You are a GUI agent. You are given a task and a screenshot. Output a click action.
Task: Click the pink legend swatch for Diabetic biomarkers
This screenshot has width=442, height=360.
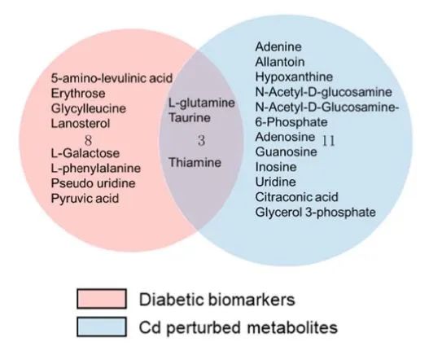tap(102, 298)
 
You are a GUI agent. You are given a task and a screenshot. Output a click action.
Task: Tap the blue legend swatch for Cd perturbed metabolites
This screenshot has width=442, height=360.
tap(102, 327)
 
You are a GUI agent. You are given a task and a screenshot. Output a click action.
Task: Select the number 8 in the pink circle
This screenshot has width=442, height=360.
tap(88, 140)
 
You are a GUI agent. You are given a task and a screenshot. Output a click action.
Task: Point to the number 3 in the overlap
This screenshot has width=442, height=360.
tap(201, 141)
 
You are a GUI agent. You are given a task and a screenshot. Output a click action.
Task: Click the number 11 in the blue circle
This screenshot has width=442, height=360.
tap(328, 141)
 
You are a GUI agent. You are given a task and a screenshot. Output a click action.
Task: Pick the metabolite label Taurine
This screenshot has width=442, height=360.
tap(190, 117)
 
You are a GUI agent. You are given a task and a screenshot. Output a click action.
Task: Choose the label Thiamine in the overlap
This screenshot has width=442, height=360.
tap(195, 163)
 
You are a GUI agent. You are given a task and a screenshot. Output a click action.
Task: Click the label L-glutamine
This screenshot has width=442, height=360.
tap(202, 103)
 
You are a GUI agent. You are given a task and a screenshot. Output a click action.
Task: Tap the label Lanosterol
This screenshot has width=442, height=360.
tap(81, 123)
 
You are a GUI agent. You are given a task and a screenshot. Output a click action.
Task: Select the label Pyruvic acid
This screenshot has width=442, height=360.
tap(85, 199)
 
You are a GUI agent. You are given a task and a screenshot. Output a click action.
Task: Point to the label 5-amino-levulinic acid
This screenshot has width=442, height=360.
tap(112, 78)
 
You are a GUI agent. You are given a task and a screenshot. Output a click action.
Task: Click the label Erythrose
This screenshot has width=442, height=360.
tap(78, 94)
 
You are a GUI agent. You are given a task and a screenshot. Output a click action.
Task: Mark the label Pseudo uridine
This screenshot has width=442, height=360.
tap(93, 183)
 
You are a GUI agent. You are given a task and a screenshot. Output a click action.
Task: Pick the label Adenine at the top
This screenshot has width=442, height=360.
tap(278, 47)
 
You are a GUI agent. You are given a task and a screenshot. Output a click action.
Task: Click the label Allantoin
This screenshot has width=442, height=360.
tap(280, 62)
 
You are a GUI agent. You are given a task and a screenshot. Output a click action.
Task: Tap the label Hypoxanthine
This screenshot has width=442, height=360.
tap(294, 77)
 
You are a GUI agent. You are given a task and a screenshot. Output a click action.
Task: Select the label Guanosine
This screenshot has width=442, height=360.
tap(286, 151)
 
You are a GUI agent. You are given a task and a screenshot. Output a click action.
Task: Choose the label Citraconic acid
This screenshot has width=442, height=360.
tap(296, 197)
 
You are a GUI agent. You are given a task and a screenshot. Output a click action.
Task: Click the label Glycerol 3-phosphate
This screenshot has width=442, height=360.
tap(316, 213)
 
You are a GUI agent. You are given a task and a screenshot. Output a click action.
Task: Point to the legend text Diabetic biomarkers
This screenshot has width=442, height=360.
tap(217, 299)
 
